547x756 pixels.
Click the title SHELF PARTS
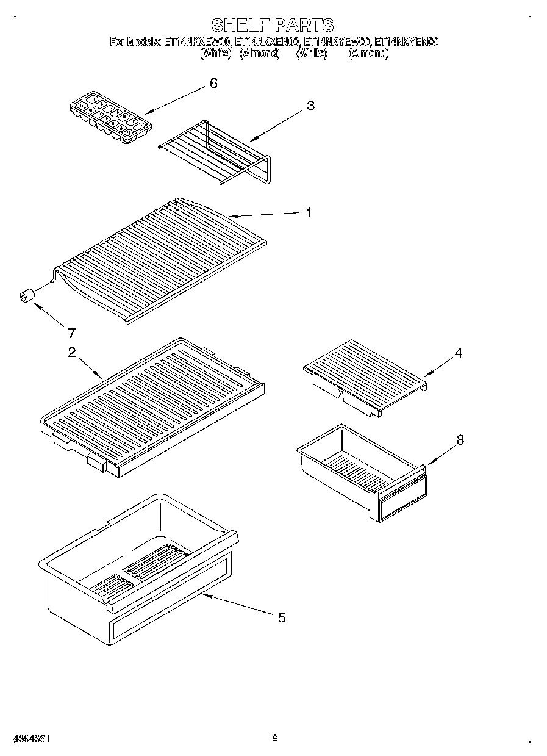pos(273,25)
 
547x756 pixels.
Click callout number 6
pos(213,84)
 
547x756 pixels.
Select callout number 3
pos(310,106)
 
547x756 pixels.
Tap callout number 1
pos(309,213)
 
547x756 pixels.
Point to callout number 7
pos(71,333)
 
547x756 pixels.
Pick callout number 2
pos(71,353)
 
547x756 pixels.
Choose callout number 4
pos(458,353)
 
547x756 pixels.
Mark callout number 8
pos(460,439)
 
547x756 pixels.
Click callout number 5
pos(281,617)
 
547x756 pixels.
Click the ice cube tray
pos(110,117)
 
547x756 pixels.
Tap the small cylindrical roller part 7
pos(26,297)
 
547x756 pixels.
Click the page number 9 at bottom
pos(274,738)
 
